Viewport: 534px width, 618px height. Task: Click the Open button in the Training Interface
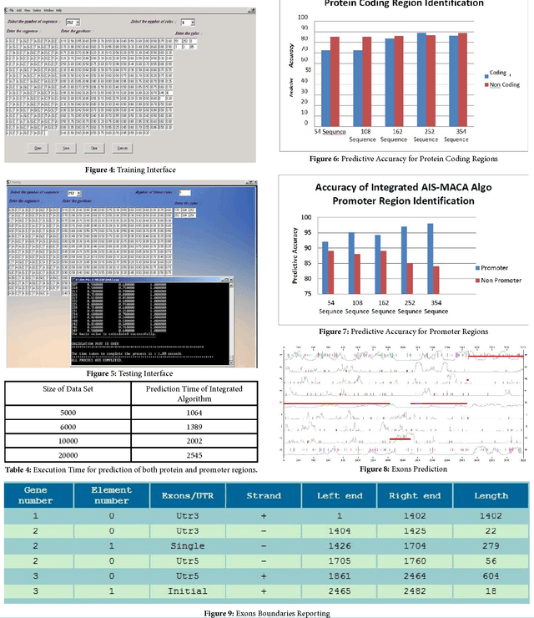coord(38,147)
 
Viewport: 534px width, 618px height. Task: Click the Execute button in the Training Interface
coord(122,147)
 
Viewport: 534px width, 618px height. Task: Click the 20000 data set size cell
coord(68,455)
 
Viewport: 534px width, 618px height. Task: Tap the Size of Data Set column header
coord(68,393)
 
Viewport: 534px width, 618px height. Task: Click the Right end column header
coord(415,495)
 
